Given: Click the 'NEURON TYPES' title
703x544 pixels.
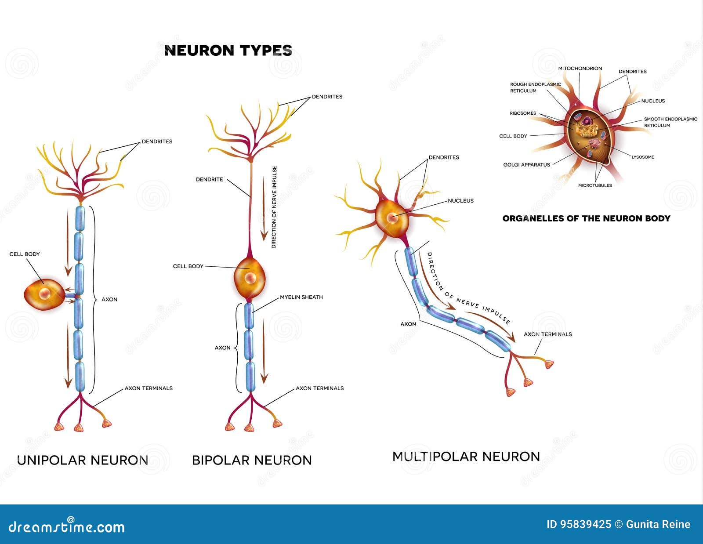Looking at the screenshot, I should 228,51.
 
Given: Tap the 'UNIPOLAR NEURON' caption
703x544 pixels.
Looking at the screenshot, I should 83,460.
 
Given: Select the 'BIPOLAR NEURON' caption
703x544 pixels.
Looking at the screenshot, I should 252,460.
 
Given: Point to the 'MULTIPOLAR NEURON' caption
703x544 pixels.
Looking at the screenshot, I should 466,457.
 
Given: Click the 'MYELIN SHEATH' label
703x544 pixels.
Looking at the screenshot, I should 301,297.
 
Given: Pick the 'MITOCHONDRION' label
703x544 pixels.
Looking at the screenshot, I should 580,69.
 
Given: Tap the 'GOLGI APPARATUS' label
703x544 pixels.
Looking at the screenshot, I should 526,165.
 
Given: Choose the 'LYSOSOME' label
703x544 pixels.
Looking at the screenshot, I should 642,157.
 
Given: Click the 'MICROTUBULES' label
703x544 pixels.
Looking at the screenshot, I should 595,185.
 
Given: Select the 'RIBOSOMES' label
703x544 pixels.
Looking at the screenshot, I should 523,113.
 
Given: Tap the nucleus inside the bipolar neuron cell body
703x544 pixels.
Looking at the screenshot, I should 250,278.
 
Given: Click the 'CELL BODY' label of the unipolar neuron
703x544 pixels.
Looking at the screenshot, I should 25,254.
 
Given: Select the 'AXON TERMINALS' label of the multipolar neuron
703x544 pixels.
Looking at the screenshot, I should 547,334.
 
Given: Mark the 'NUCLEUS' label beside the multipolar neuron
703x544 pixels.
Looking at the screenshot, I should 460,201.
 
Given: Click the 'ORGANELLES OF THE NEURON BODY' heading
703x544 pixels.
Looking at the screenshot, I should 586,218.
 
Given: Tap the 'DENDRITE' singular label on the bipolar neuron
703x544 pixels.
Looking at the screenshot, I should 210,179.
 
